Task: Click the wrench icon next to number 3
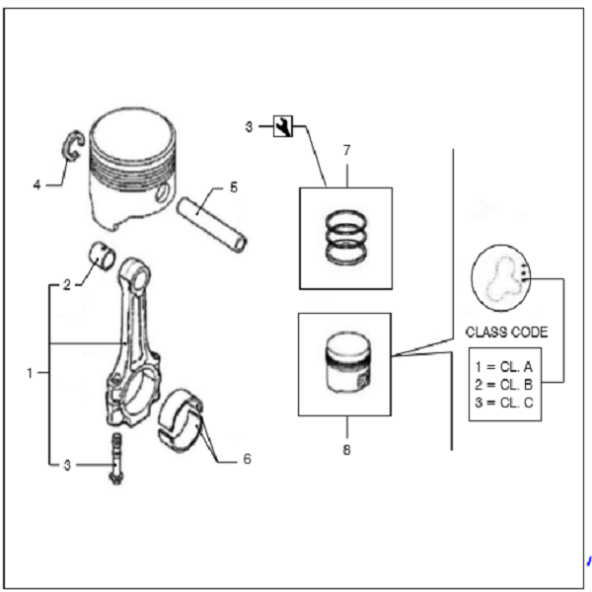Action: point(283,126)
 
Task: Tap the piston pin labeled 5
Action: point(212,225)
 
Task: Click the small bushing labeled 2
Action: point(102,256)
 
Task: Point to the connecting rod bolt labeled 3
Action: point(116,459)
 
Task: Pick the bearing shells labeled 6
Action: point(181,420)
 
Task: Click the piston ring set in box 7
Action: point(346,237)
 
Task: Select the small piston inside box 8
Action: point(347,363)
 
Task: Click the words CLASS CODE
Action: point(506,333)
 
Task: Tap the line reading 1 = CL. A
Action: point(503,367)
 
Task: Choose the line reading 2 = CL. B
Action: point(503,385)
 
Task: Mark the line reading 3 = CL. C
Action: point(503,403)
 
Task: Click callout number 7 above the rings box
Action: point(346,150)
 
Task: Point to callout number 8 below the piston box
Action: point(346,450)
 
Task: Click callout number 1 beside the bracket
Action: point(30,373)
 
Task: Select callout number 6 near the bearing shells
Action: point(247,459)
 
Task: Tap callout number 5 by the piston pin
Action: point(234,187)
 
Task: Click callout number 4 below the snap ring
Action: point(37,185)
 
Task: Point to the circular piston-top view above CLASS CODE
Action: point(501,278)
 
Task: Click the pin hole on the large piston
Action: point(163,192)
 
